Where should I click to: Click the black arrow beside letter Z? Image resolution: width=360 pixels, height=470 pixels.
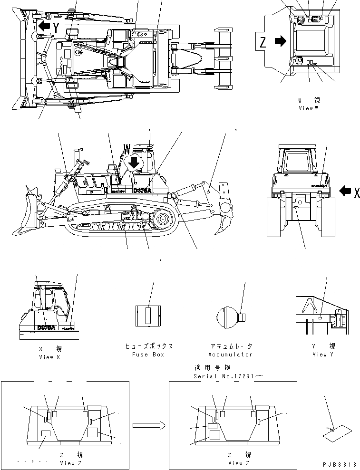click(x=281, y=42)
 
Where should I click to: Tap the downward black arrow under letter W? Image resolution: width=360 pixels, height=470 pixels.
click(x=135, y=163)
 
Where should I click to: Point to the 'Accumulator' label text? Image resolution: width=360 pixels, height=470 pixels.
click(x=230, y=354)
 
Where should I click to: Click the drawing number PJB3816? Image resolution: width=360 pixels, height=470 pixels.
click(x=339, y=464)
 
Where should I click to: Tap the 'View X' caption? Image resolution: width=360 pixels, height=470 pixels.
click(x=49, y=357)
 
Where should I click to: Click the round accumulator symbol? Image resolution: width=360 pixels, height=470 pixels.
click(x=227, y=315)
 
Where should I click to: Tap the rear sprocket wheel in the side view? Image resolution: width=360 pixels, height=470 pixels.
click(x=161, y=220)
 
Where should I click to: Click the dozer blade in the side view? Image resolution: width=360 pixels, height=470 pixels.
click(x=29, y=214)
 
